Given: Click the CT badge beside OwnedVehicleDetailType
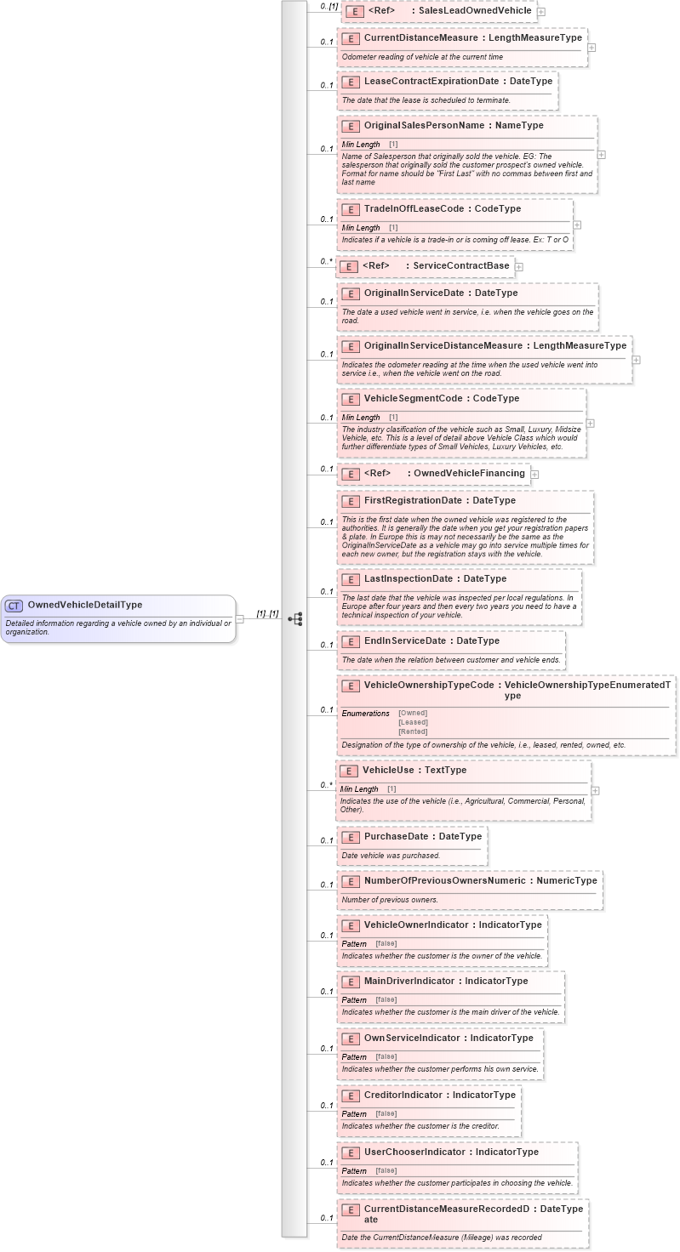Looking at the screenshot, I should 14,606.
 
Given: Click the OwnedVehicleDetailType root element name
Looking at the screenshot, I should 84,606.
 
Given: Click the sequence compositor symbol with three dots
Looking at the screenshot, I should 295,619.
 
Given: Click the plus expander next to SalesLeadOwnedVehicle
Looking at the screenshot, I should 541,12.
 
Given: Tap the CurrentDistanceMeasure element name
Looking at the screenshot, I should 420,38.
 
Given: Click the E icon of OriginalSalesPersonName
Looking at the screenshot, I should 350,126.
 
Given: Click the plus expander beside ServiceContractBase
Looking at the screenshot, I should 519,266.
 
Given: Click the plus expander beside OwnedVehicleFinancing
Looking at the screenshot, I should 534,474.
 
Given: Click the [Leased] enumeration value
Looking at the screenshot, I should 413,722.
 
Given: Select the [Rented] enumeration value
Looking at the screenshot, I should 413,731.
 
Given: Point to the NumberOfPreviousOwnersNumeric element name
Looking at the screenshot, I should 444,881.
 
